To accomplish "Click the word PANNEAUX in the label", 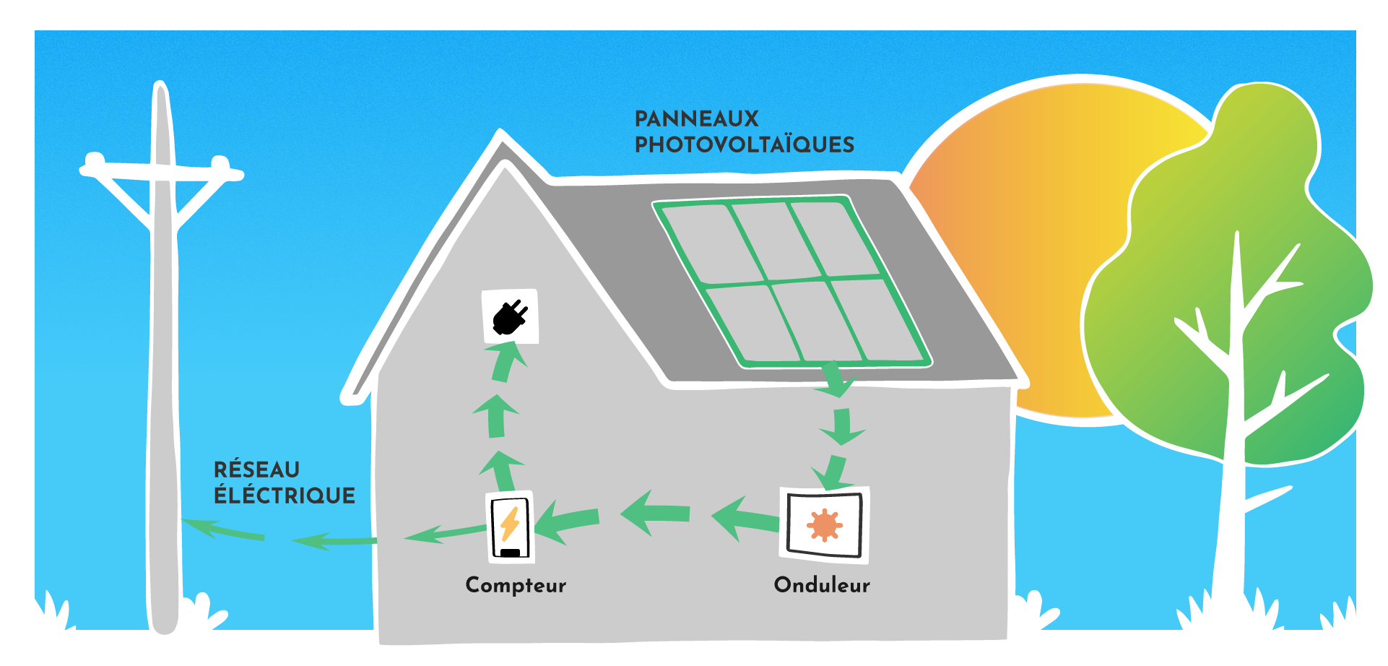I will [x=696, y=118].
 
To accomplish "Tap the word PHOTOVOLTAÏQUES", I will [x=744, y=144].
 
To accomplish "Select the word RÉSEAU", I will [x=256, y=470].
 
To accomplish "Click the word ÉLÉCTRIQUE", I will [x=285, y=496].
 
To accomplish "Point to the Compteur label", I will [x=516, y=585].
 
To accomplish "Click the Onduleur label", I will [x=822, y=585].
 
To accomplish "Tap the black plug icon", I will [x=510, y=317].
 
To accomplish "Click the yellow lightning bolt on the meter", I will [x=510, y=524].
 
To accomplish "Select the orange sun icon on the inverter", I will [x=824, y=525].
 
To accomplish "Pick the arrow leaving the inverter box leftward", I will [x=744, y=518].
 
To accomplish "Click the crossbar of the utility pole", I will [x=162, y=172].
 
